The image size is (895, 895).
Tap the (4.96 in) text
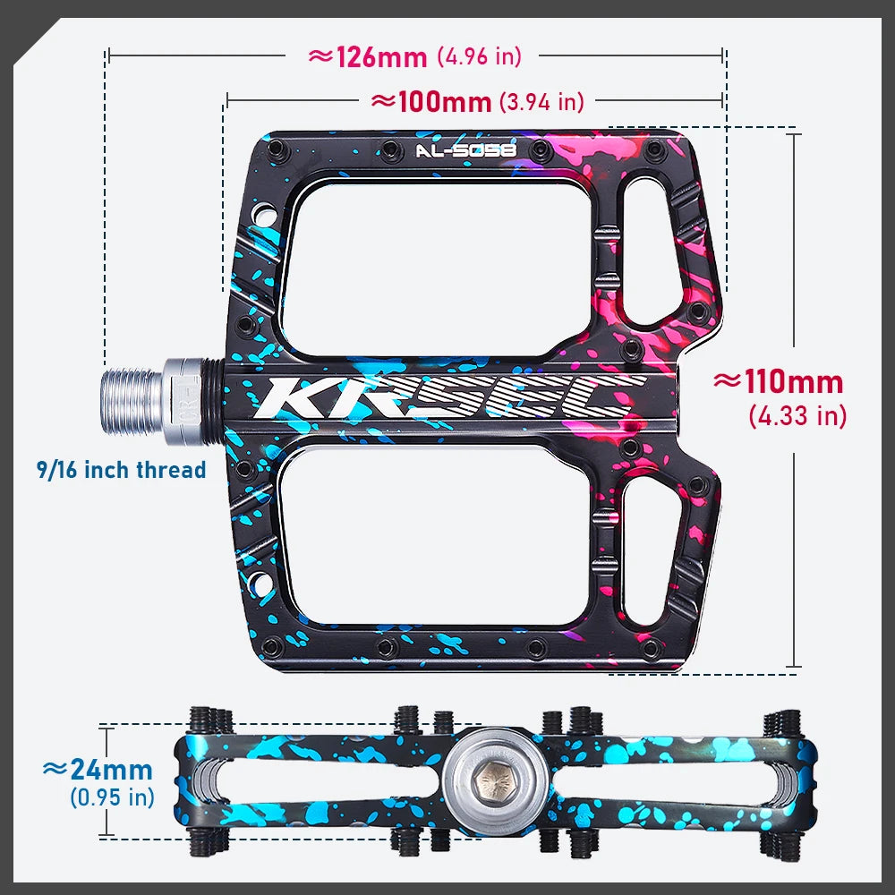[x=479, y=56]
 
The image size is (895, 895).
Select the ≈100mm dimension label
[x=431, y=101]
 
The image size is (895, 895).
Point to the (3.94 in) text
[x=541, y=102]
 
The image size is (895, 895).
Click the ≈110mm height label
[x=778, y=382]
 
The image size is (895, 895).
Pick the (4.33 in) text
[x=797, y=415]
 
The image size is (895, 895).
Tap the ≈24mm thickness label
[x=98, y=770]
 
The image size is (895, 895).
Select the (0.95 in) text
[x=112, y=797]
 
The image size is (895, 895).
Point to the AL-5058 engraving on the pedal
[x=465, y=151]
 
